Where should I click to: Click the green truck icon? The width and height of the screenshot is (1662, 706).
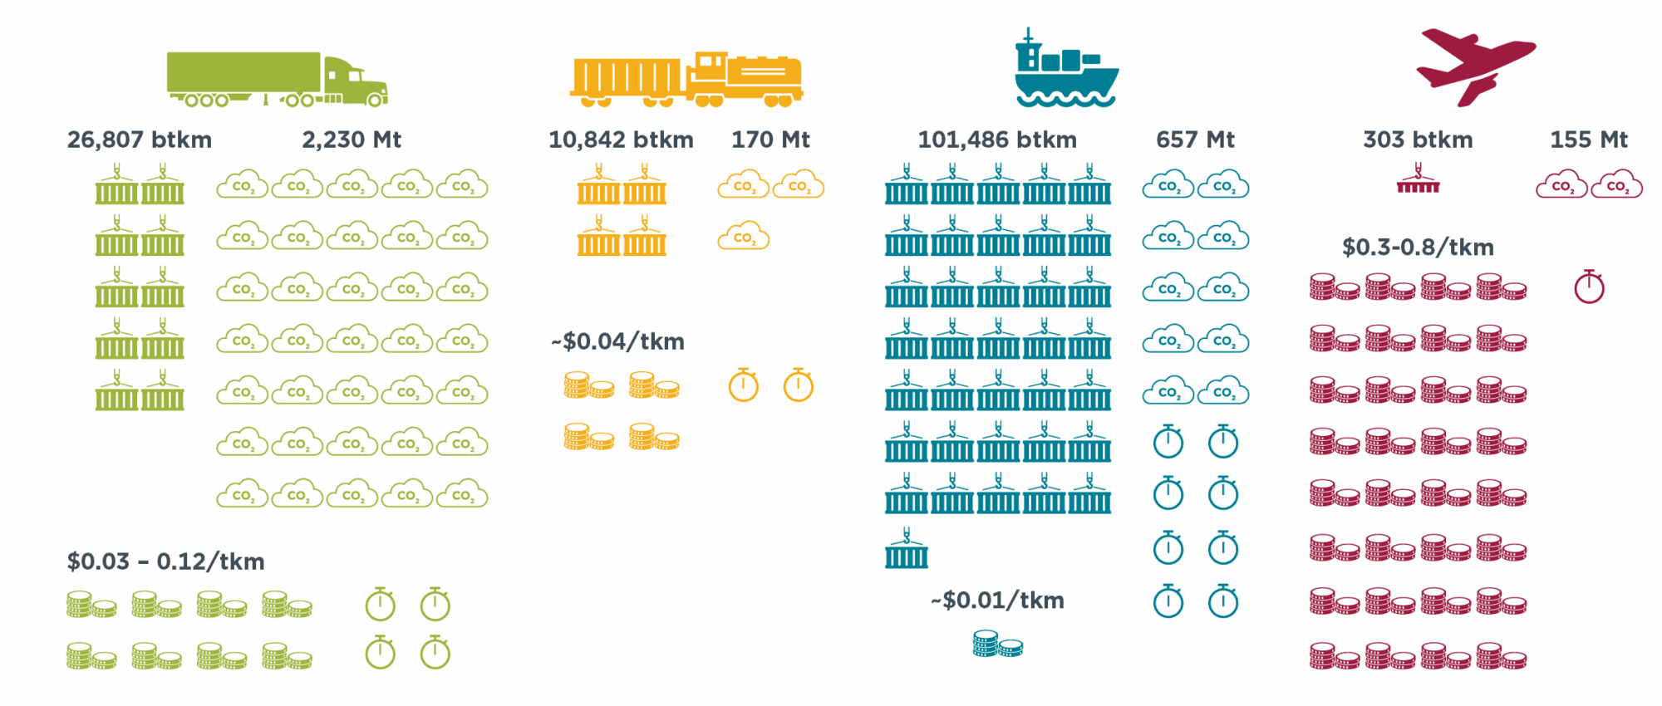[x=277, y=80]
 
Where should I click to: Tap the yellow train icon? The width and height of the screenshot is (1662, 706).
[x=686, y=80]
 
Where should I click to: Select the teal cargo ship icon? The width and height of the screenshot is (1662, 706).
[x=1066, y=73]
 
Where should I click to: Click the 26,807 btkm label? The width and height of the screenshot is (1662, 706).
[x=140, y=140]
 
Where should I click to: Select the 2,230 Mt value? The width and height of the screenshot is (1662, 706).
[x=352, y=140]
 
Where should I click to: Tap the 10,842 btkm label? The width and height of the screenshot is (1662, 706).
[x=621, y=140]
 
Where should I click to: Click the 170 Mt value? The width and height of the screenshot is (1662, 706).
[x=770, y=140]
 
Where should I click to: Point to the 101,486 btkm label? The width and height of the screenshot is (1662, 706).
[x=997, y=140]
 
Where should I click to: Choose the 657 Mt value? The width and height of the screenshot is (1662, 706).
[x=1195, y=140]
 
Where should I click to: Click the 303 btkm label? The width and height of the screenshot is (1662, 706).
[x=1418, y=140]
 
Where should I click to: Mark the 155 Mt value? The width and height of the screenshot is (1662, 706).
[x=1589, y=140]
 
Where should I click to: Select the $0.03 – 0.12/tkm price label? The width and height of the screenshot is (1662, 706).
[x=166, y=561]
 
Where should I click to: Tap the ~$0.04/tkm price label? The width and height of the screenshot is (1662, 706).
[x=617, y=341]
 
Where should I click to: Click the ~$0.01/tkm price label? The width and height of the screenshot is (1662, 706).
[x=997, y=600]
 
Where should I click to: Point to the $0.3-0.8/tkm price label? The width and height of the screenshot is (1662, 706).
[x=1418, y=247]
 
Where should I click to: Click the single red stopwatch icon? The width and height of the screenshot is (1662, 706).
[x=1589, y=287]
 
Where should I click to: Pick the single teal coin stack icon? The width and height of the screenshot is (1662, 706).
[x=997, y=645]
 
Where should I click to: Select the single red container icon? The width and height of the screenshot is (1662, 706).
[x=1418, y=180]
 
